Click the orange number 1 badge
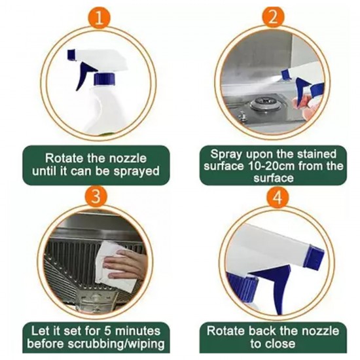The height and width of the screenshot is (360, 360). point(98,17)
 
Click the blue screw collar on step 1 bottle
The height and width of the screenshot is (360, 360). point(103,81)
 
